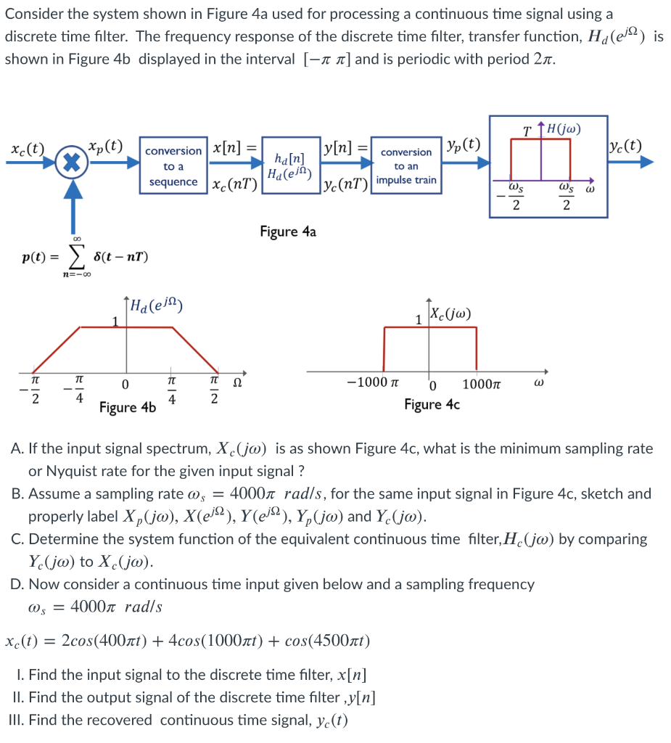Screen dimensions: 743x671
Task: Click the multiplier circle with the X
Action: (72, 161)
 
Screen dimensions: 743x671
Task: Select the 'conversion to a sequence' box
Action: (173, 166)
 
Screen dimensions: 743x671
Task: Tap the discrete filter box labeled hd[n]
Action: (290, 166)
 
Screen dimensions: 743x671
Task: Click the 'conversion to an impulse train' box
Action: (406, 166)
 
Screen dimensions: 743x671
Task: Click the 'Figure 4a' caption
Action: (288, 231)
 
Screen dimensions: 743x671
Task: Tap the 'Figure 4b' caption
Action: (128, 407)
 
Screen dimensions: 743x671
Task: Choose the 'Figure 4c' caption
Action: (432, 404)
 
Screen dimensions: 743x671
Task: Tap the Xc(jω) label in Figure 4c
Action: (450, 315)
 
